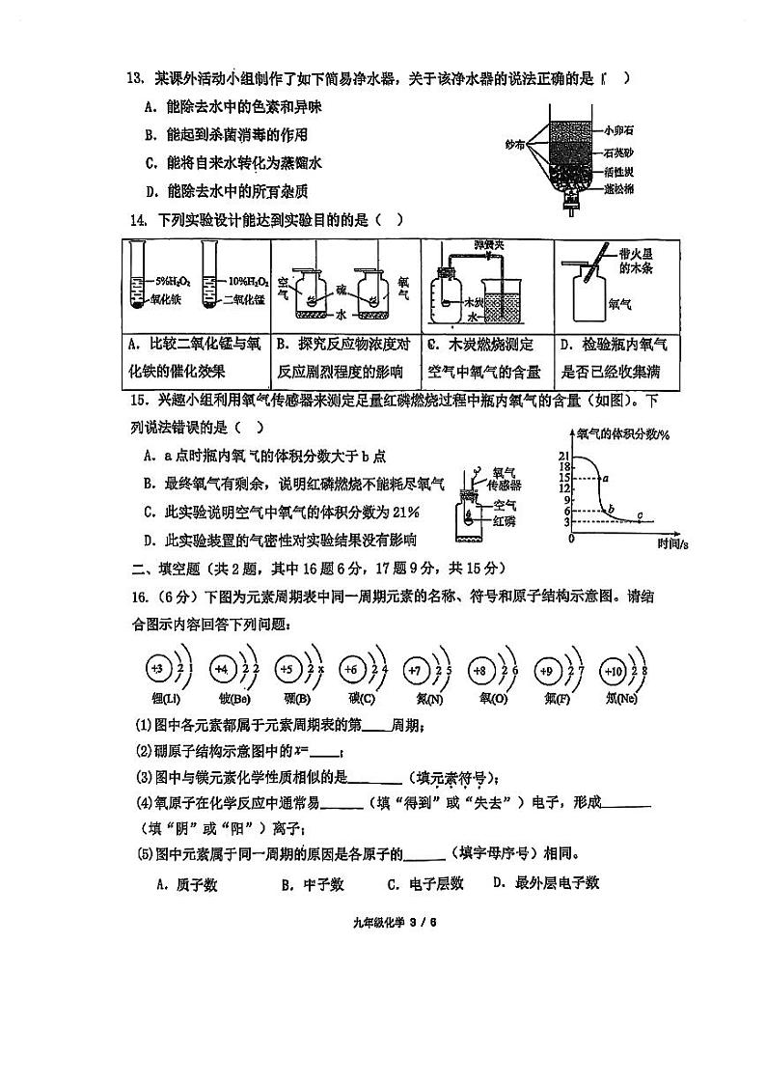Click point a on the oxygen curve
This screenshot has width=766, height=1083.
[605, 477]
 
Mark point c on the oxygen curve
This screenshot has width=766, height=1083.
[642, 518]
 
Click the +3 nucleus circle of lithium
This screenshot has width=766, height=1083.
[158, 668]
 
